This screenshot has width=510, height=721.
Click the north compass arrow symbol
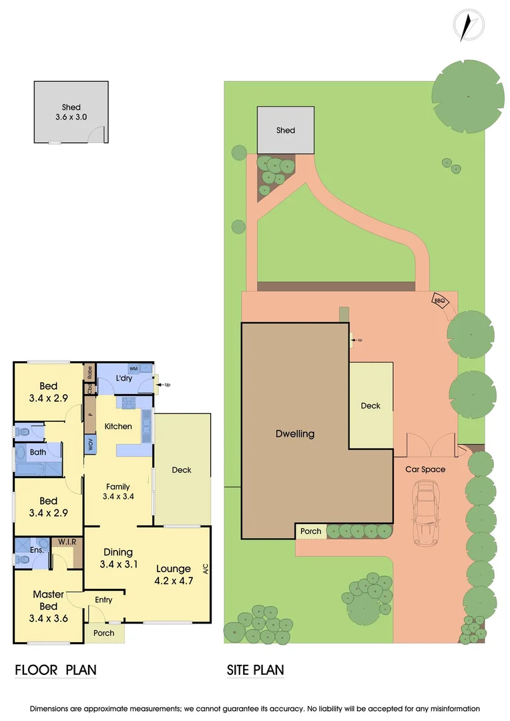[x=469, y=25]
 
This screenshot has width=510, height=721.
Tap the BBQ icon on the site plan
[x=439, y=300]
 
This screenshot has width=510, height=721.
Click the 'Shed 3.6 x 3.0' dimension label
[x=71, y=112]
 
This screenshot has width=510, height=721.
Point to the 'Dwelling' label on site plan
[x=295, y=433]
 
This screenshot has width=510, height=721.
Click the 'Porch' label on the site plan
[x=311, y=531]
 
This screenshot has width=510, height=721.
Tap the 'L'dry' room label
[x=125, y=379]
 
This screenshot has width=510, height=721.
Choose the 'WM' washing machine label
[x=134, y=369]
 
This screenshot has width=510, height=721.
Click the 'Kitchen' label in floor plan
[x=118, y=426]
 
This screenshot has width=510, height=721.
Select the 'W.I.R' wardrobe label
[x=66, y=541]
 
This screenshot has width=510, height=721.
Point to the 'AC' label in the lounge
[x=206, y=569]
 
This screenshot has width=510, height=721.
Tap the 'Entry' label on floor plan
[x=103, y=600]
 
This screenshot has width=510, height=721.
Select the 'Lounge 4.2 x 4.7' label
[x=174, y=575]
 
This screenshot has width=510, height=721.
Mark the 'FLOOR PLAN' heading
[x=55, y=670]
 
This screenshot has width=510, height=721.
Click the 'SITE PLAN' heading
[x=256, y=670]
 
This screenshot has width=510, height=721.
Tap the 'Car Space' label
[x=425, y=469]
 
